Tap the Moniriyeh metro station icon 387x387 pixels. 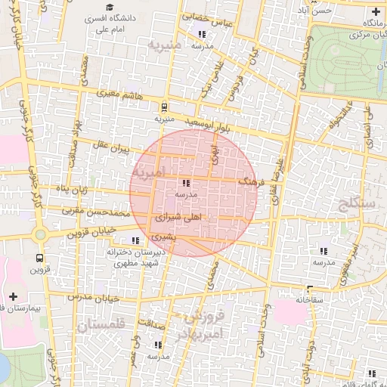coord(164,107)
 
